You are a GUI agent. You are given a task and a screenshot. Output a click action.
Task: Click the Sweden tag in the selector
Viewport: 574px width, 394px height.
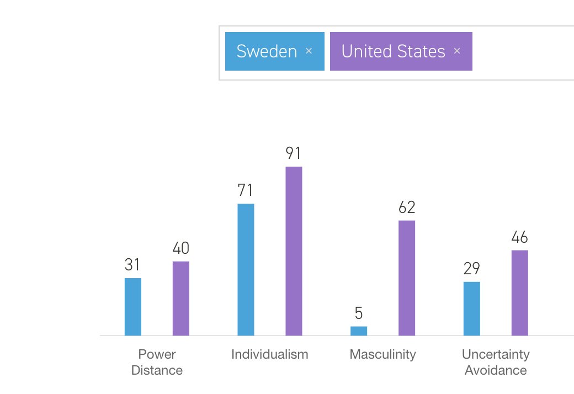(267, 51)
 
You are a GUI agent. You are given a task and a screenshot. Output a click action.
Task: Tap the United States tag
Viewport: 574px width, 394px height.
(393, 51)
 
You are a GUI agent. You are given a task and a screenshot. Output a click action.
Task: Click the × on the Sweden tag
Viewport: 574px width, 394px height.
(309, 51)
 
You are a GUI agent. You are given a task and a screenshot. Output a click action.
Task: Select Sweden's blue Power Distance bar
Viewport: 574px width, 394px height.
(132, 306)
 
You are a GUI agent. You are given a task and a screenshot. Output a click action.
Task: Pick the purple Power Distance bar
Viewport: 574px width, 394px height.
(180, 298)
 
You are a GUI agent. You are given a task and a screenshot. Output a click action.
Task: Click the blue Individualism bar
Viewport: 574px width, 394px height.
(246, 269)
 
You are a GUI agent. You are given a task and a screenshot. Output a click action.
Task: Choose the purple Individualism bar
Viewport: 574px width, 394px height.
(294, 251)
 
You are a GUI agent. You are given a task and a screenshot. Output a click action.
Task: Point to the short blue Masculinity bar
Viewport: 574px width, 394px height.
(358, 331)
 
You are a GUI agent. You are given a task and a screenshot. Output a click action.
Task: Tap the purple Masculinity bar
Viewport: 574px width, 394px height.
(407, 278)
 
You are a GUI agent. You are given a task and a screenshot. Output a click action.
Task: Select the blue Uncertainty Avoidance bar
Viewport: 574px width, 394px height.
(471, 308)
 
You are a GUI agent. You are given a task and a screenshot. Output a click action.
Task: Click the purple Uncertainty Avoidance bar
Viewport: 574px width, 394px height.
(519, 292)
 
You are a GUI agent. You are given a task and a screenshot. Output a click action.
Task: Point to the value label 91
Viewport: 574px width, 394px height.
(294, 153)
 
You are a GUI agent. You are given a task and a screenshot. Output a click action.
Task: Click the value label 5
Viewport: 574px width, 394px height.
(359, 313)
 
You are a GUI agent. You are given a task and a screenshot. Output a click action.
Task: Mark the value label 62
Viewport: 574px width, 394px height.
(407, 207)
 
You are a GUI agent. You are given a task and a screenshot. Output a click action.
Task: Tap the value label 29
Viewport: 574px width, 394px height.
(471, 269)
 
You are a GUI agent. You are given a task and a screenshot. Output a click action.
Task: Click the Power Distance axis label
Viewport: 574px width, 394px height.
(157, 362)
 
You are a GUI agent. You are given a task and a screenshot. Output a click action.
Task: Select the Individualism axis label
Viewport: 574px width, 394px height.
(270, 354)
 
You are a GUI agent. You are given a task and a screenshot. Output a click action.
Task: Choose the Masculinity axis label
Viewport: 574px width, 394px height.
(382, 354)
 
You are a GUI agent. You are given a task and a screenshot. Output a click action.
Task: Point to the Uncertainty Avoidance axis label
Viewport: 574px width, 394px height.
(496, 362)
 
